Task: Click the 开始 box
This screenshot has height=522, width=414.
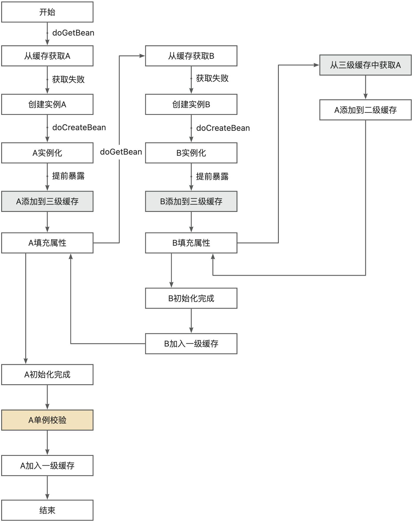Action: pos(47,12)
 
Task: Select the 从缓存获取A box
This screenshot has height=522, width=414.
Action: pos(47,56)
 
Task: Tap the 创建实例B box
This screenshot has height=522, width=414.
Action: pos(191,104)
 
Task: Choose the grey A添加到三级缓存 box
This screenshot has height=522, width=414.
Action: pos(47,201)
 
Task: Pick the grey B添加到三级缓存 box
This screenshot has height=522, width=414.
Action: pos(191,201)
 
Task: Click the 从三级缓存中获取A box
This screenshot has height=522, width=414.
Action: pos(365,65)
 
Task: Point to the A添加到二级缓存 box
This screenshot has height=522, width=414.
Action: pos(365,110)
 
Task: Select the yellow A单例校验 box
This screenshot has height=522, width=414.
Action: pos(47,420)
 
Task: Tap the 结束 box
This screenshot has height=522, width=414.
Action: pos(47,510)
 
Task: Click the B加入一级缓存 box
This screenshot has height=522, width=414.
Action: pos(191,344)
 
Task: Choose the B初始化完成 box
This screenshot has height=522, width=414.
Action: pos(191,298)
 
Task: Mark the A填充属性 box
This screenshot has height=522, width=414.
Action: pos(47,243)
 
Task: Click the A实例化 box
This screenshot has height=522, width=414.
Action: pos(47,153)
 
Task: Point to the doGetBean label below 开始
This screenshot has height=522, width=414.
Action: pos(73,33)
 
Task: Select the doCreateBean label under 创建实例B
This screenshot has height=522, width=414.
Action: pos(223,128)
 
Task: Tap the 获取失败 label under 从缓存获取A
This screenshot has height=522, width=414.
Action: pos(68,79)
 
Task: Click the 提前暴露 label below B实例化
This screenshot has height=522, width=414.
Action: pos(212,176)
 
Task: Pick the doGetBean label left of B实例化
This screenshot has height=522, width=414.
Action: pos(121,152)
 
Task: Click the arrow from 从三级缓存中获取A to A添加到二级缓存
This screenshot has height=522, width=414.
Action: pos(365,87)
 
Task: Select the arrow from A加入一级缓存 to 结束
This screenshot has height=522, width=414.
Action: pos(47,488)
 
